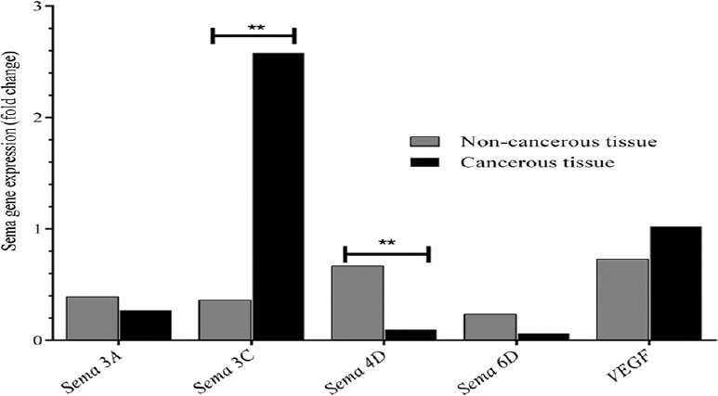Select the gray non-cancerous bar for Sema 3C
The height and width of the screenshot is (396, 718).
(225, 320)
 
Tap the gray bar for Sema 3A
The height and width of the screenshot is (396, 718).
(93, 318)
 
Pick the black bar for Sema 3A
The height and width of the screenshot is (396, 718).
(145, 325)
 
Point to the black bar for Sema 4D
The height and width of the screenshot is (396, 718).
(410, 335)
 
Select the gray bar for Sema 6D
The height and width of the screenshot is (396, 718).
(490, 326)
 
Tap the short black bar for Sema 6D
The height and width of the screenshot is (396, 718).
(542, 337)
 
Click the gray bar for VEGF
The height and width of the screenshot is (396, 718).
(622, 300)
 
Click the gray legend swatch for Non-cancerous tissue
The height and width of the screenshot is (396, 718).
(424, 142)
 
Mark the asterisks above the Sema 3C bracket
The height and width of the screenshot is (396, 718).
(255, 27)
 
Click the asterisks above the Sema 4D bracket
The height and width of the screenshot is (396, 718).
(386, 243)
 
